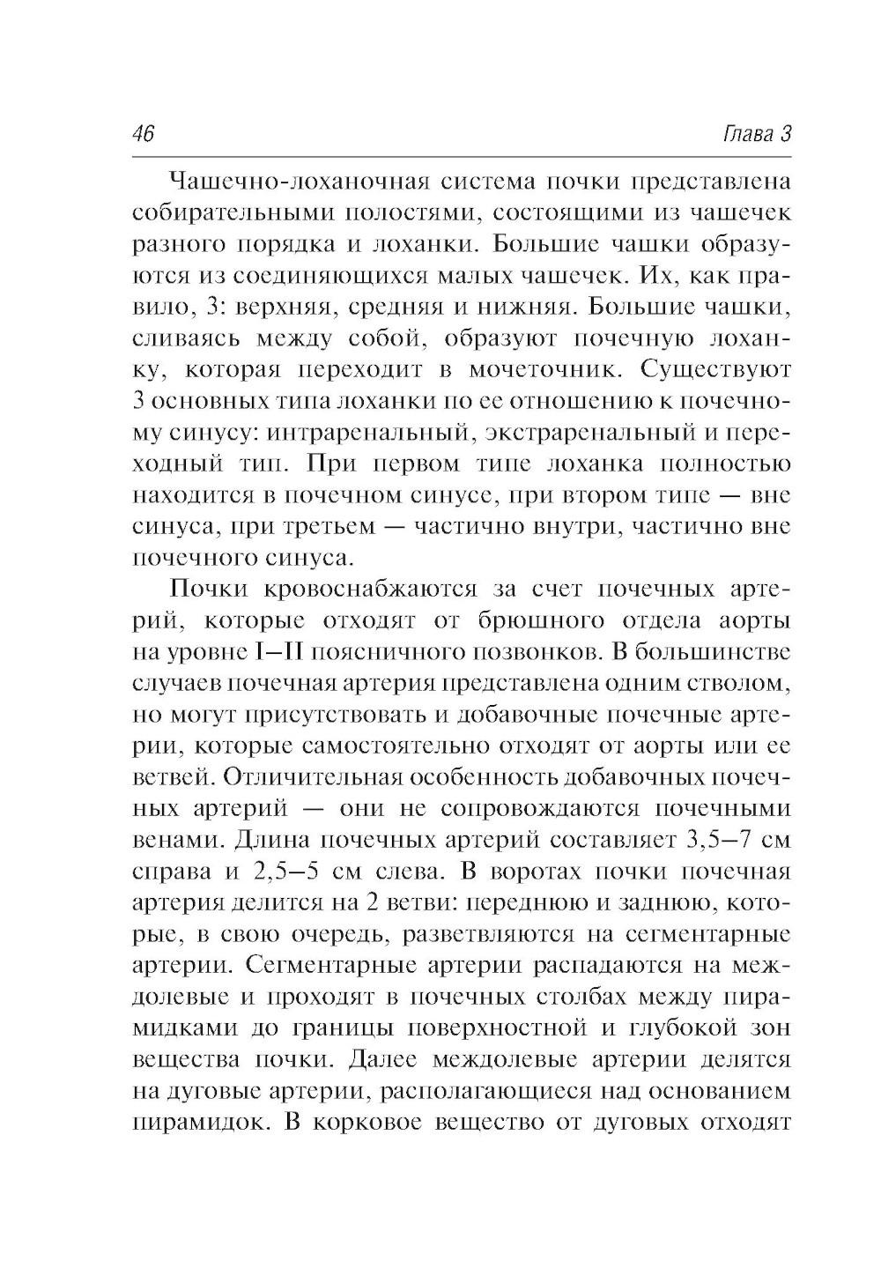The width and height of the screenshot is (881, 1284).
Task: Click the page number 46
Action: point(142,134)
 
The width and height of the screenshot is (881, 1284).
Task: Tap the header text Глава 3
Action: point(757,134)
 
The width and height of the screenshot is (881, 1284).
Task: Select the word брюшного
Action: point(546,621)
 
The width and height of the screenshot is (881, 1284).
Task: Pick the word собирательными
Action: point(225,212)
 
